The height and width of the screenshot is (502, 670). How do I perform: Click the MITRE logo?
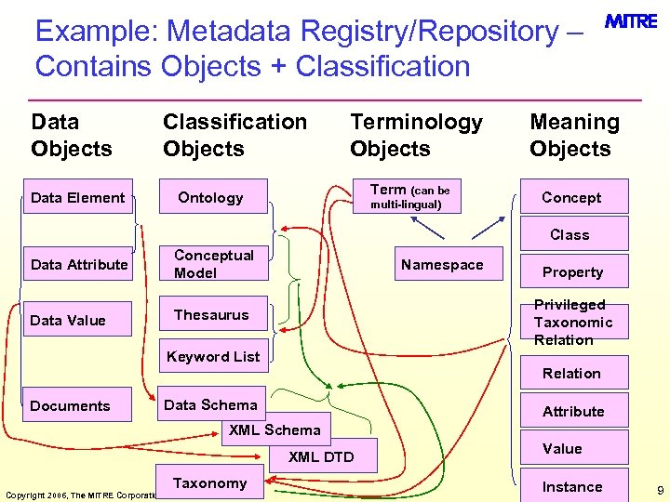click(x=631, y=21)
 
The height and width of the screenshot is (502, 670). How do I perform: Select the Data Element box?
click(x=78, y=197)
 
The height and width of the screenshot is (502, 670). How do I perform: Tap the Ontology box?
click(x=211, y=197)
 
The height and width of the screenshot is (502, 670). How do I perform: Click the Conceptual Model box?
click(x=214, y=264)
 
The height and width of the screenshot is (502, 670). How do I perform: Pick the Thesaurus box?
click(x=212, y=315)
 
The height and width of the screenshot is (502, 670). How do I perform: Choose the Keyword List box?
click(x=213, y=356)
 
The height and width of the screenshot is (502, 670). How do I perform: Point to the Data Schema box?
click(x=211, y=404)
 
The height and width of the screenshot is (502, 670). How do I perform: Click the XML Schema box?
click(x=275, y=429)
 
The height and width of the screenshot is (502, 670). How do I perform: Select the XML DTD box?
click(x=321, y=456)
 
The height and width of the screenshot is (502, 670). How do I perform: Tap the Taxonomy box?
click(x=210, y=482)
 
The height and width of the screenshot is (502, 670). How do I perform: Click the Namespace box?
click(x=442, y=264)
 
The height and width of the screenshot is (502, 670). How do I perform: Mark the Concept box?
click(x=571, y=197)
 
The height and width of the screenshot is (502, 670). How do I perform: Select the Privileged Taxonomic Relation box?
click(x=573, y=322)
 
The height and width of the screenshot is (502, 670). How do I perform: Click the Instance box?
click(x=572, y=486)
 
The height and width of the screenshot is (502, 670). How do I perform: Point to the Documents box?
click(x=71, y=405)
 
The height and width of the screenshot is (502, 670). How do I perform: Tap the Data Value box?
click(x=68, y=320)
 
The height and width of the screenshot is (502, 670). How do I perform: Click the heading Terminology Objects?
click(x=416, y=135)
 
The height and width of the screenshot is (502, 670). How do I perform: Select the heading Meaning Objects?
click(x=574, y=135)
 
